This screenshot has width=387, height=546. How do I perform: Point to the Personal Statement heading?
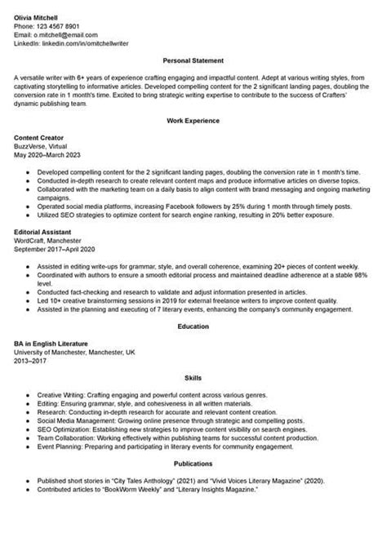[193, 61]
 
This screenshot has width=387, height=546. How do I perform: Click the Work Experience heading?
[193, 120]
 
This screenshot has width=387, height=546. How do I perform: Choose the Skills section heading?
[193, 380]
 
